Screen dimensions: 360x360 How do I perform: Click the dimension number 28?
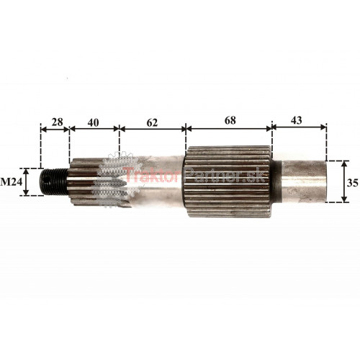58,122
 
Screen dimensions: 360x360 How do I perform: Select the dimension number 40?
93,122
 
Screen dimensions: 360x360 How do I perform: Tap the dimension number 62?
152,122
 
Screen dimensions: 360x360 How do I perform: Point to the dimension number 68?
230,120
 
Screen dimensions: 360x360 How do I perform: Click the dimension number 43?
297,120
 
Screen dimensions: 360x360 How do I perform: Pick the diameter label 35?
353,183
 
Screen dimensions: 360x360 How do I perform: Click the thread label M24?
12,182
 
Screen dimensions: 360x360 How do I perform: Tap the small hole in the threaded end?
47,179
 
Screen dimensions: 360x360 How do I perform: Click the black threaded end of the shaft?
53,181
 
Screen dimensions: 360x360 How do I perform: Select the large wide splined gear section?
228,181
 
